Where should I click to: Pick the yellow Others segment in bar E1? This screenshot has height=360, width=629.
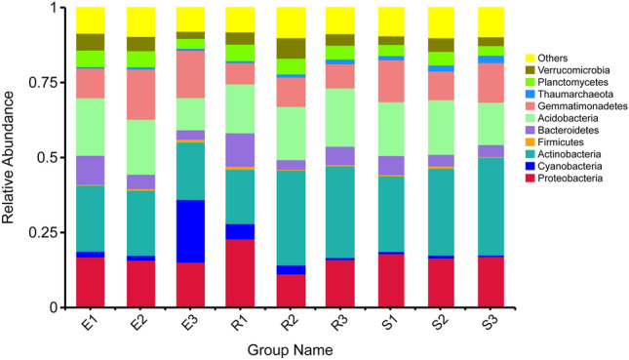(x=92, y=20)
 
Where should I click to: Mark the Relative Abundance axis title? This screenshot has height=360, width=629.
(x=12, y=156)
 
